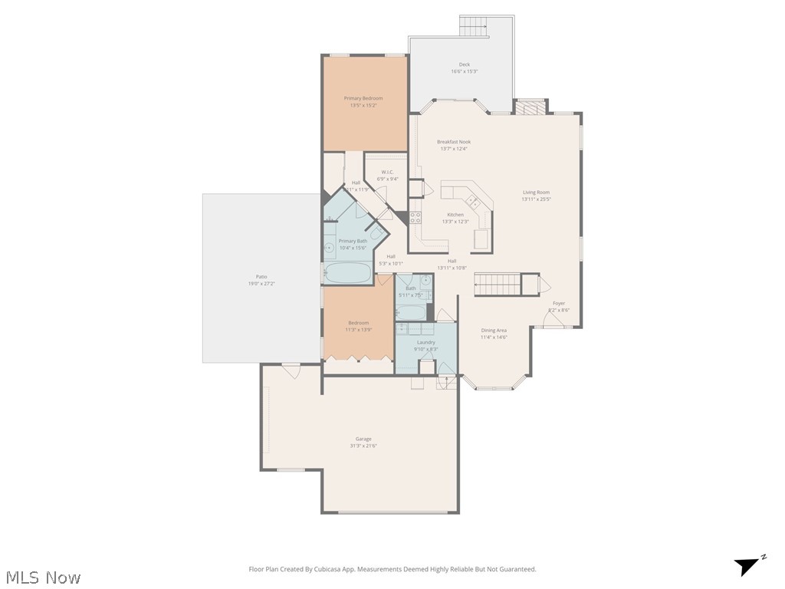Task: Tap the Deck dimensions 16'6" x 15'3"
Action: pos(464,71)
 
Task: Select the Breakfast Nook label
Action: pos(454,142)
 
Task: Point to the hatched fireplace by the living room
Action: pos(530,107)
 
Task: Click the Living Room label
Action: pos(536,192)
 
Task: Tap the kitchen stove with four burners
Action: pos(415,217)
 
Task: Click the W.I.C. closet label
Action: pos(387,172)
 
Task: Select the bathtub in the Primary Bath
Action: pos(347,273)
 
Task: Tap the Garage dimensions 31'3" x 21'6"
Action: pos(363,446)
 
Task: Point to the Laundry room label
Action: pos(426,342)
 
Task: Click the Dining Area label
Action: pos(494,331)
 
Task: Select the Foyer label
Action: pos(559,303)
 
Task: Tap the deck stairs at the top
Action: pos(474,26)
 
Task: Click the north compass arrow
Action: pos(748,566)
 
